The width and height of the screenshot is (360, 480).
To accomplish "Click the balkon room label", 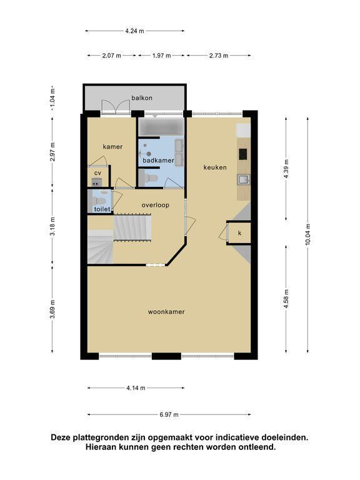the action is point(142,98).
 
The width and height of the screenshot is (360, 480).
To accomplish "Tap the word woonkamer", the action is point(166,312).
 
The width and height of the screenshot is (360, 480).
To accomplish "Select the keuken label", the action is point(215,167).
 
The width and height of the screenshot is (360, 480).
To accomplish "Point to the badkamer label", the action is point(158,160).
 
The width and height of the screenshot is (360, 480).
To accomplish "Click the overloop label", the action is point(155,205).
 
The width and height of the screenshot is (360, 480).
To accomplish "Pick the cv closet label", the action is point(97,173).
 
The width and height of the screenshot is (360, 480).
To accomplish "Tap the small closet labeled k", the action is point(240,233).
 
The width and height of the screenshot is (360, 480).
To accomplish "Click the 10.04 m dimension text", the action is point(307,234).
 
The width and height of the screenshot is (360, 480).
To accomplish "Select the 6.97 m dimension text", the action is point(169,415).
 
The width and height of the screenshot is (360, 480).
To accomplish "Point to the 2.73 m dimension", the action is point(219,56).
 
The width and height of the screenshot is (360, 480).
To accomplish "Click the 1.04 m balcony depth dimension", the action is point(52,99).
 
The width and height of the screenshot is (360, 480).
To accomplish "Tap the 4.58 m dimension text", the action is point(286,299).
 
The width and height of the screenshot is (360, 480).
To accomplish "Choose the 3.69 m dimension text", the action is point(52,309).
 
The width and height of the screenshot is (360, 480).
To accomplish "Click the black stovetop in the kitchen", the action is point(243,154).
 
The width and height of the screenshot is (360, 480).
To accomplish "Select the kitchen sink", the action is point(243,179).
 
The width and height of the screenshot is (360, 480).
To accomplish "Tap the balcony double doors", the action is point(116,107).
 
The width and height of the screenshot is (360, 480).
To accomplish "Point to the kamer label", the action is point(112,147).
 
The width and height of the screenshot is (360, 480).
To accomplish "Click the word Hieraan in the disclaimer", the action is point(101,447).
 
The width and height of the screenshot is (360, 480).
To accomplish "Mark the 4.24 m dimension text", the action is point(134,31).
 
